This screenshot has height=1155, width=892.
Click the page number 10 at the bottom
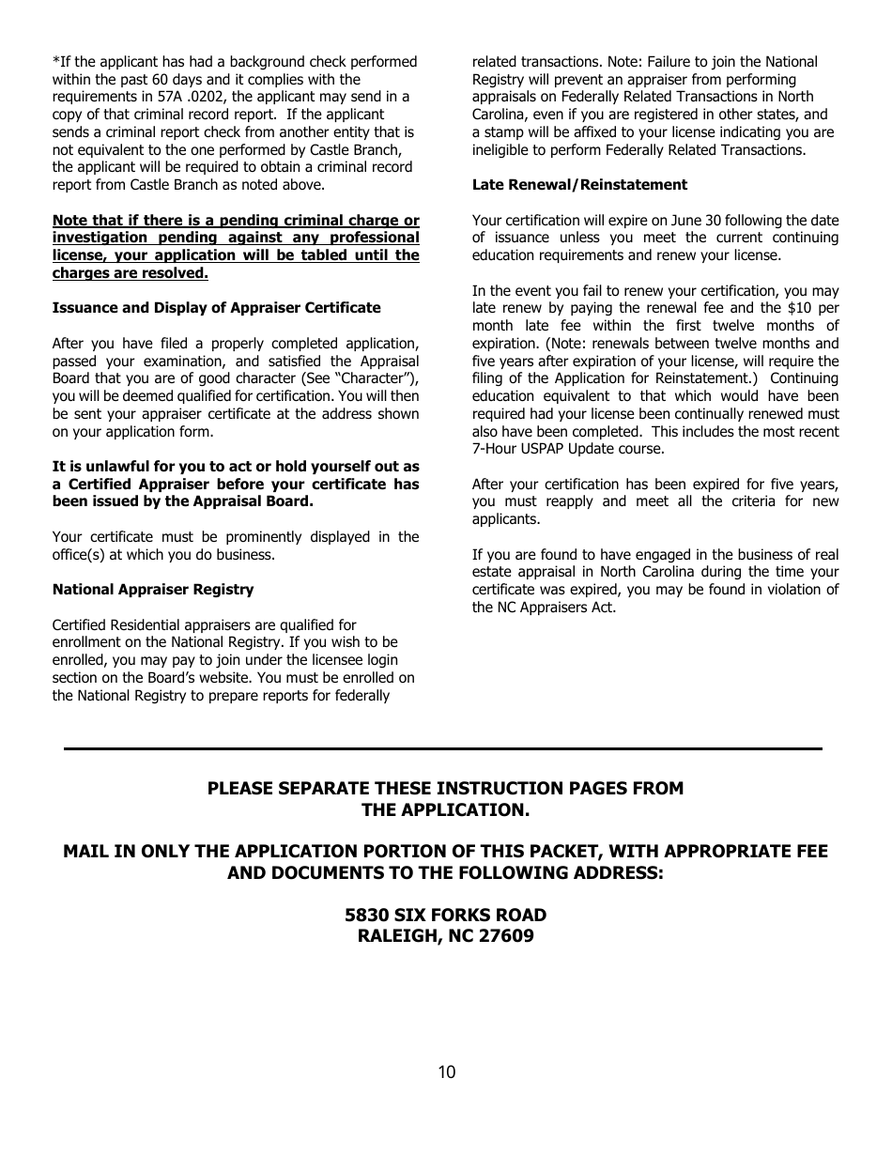(446, 1072)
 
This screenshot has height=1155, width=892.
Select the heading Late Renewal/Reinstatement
(579, 185)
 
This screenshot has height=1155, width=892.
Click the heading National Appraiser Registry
(153, 590)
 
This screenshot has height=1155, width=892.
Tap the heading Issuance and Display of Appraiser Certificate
(216, 308)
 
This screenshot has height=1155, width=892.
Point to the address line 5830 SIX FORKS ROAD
(445, 915)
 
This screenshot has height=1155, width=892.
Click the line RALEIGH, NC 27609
(445, 936)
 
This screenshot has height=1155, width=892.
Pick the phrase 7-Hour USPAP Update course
(567, 449)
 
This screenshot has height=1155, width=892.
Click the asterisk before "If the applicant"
(55, 62)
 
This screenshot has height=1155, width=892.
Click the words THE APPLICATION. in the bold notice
(445, 810)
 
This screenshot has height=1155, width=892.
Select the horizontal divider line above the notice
(442, 748)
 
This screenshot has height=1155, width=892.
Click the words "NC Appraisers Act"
(558, 608)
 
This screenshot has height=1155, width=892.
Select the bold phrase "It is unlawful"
(102, 467)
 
